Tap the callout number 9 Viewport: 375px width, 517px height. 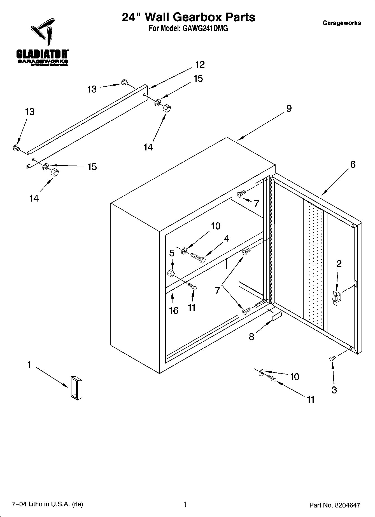coord(289,108)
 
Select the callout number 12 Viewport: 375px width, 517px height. coord(200,65)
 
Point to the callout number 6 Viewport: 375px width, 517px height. coord(353,164)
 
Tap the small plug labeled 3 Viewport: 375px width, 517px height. coord(332,358)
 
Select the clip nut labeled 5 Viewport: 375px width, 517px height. coord(171,273)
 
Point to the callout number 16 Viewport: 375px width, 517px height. coord(174,310)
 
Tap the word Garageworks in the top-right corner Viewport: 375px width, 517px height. coord(342,23)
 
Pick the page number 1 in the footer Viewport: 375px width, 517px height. coord(185,504)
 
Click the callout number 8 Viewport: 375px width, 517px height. coord(251,337)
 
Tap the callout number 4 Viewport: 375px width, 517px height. coord(227,239)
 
